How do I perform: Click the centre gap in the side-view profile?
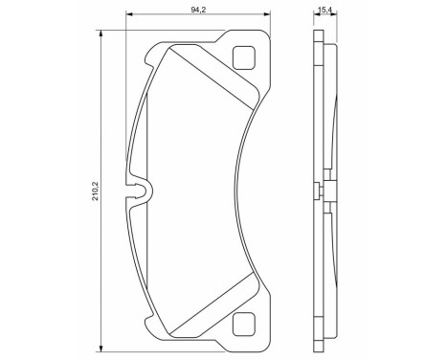326,190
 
